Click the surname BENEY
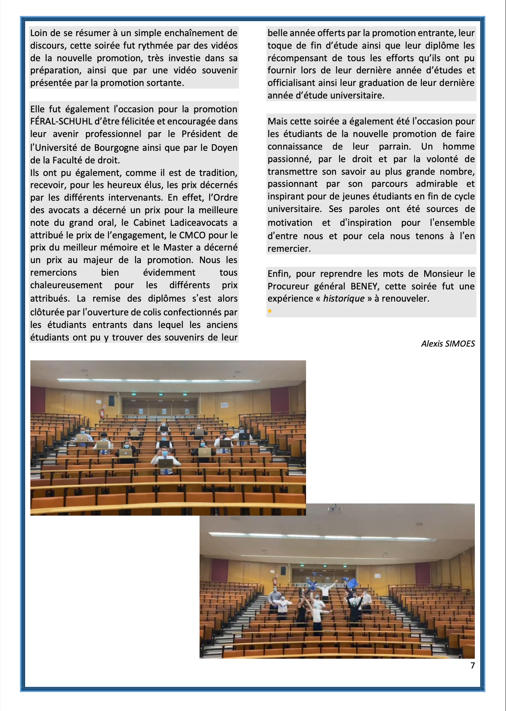click(364, 286)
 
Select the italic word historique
click(344, 299)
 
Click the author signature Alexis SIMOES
click(448, 344)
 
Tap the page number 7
click(472, 666)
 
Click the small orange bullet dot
click(270, 311)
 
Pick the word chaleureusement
click(66, 285)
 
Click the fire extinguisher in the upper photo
click(102, 413)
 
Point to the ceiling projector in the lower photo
click(334, 508)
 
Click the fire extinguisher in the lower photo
click(275, 580)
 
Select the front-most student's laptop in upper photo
click(165, 463)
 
